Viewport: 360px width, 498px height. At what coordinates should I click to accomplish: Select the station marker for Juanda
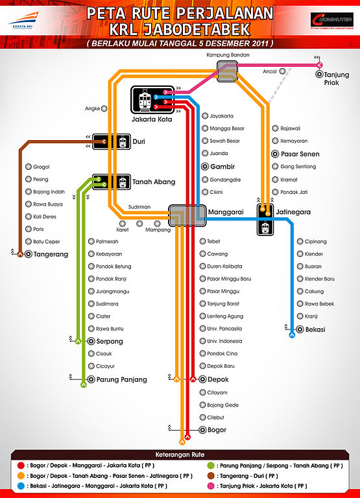point(204,154)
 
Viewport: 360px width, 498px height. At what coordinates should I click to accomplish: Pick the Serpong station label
point(110,341)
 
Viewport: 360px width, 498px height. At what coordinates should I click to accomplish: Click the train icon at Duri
point(121,141)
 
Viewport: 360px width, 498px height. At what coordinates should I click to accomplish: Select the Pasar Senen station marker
point(275,154)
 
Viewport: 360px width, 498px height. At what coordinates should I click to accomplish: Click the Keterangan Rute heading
point(180,454)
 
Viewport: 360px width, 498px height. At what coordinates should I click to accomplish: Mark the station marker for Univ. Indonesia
point(204,341)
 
